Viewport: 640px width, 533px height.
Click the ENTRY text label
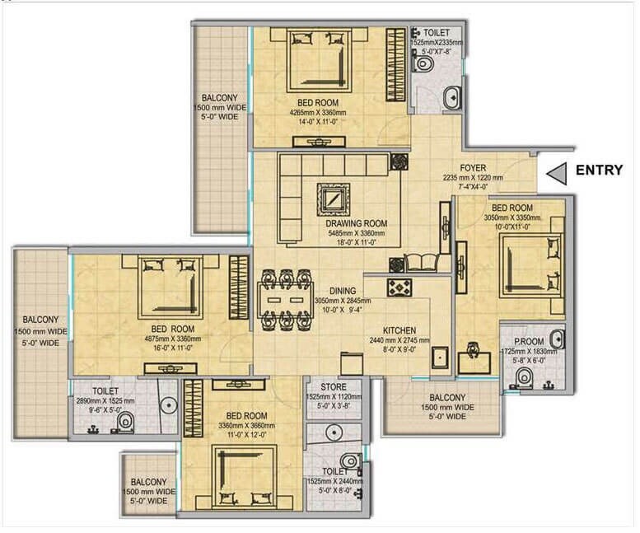[599, 171]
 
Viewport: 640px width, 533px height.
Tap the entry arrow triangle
[558, 172]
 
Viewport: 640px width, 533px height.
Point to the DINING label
[343, 291]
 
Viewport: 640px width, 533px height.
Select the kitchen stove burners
[399, 288]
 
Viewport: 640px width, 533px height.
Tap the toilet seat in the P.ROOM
[523, 377]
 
